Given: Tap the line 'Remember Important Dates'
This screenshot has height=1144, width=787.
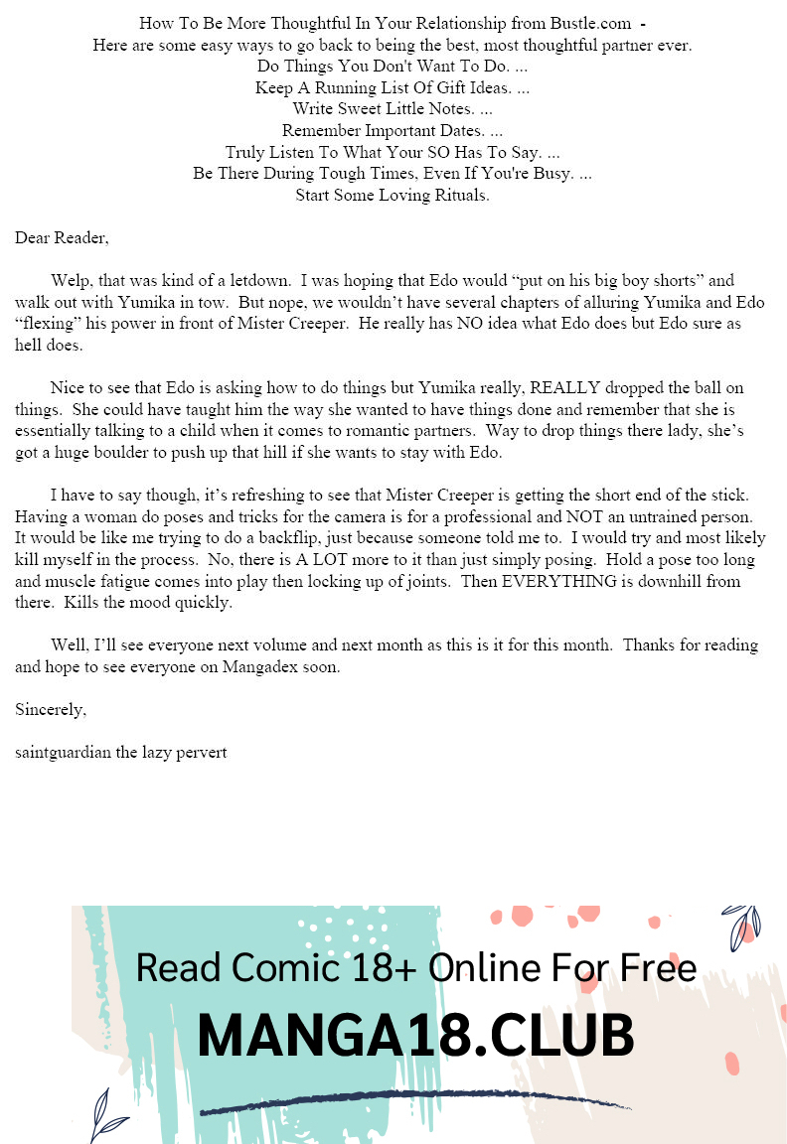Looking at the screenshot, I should click(x=393, y=131).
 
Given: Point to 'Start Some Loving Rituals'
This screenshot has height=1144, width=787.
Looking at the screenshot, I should click(x=393, y=196).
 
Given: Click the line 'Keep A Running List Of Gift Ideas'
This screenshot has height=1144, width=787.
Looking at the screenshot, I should click(x=393, y=87).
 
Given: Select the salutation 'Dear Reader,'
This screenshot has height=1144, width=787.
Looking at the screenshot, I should click(x=62, y=238).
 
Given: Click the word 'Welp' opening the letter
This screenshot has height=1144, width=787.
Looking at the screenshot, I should click(x=68, y=281).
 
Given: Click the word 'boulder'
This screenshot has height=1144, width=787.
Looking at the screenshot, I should click(x=140, y=453).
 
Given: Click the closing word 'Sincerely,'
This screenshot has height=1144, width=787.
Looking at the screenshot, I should click(x=51, y=710).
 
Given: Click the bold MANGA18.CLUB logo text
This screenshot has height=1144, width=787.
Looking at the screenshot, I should click(x=415, y=1036).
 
